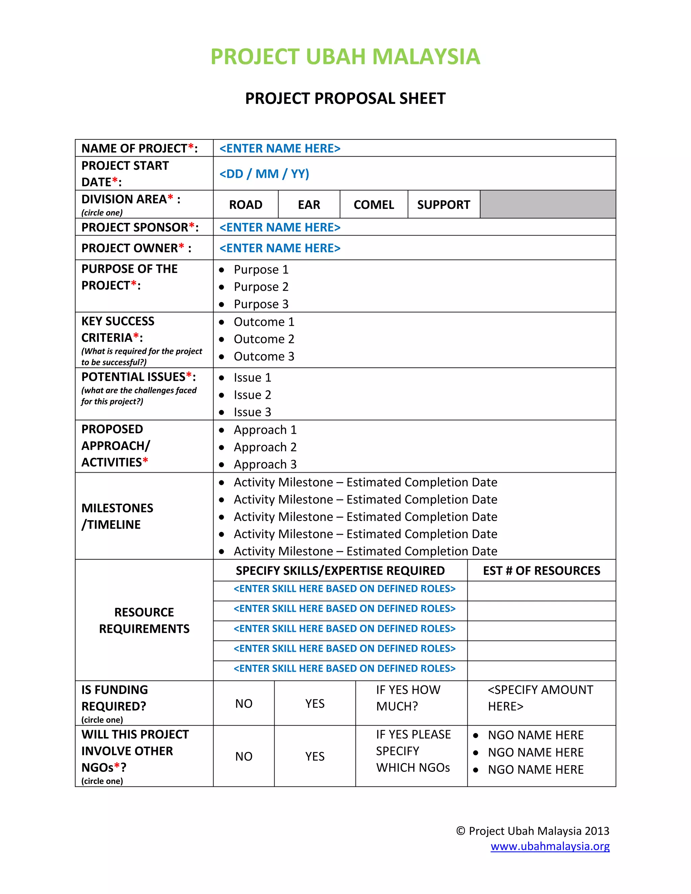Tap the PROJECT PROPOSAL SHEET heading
pos(345,98)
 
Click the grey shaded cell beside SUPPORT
pos(548,204)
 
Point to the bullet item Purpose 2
pos(261,286)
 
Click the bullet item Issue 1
pos(252,378)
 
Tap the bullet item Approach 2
pos(265,447)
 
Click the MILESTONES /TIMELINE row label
pos(117,516)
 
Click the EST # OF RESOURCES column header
pos(541,570)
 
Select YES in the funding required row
pos(315,703)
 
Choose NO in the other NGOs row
pos(244,756)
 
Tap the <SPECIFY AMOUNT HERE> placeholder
pos(540,698)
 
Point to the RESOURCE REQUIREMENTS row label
pos(144,620)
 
